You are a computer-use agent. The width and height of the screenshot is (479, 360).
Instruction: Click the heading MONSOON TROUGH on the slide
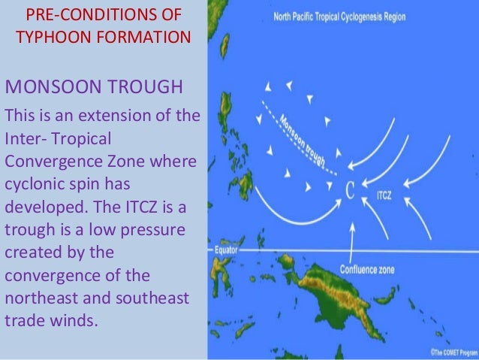click(94, 87)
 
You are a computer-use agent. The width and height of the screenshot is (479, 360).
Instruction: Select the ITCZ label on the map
click(383, 194)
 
